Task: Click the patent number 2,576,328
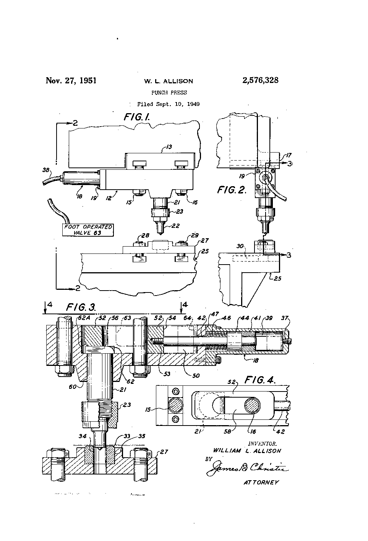pos(260,81)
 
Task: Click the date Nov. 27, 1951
pos(71,81)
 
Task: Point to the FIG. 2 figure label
pos(232,190)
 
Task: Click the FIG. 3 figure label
pos(81,307)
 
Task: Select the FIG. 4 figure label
pos(261,381)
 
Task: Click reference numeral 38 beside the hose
pos(47,171)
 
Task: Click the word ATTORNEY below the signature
pos(261,482)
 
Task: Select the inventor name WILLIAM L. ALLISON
pos(247,450)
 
